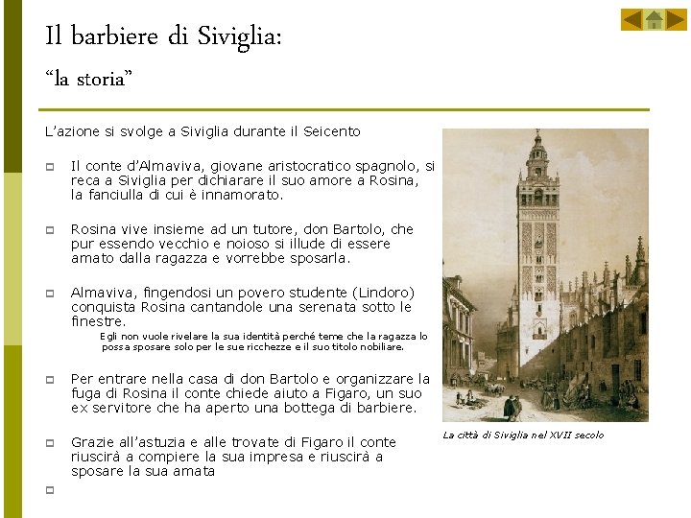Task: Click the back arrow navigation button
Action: [631, 19]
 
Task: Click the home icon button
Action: [654, 19]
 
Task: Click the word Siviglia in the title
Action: [238, 37]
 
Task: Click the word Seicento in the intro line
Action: [331, 130]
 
